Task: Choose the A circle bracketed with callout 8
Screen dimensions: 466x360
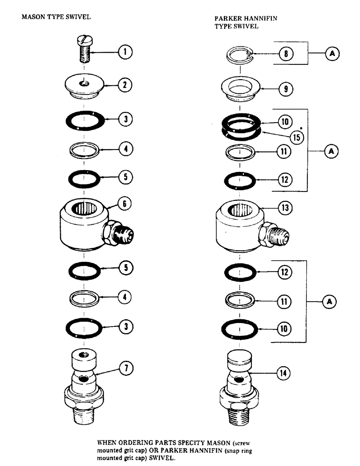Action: (x=332, y=54)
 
